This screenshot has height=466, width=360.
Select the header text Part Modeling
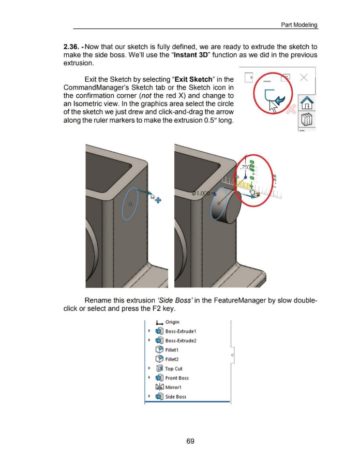(x=299, y=25)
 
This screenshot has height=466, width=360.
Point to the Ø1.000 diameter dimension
(x=202, y=192)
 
